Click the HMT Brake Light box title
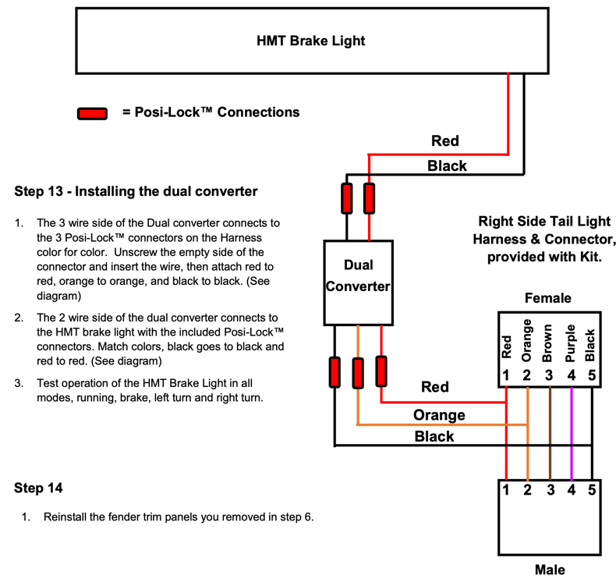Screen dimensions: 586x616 click(310, 41)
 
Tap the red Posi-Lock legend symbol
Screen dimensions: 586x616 click(92, 114)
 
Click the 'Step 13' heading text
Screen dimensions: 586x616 click(136, 191)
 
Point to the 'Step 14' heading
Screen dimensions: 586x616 click(38, 488)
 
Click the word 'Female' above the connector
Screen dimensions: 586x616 click(548, 298)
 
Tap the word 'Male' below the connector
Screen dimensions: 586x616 click(550, 570)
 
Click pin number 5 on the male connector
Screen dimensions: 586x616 click(593, 491)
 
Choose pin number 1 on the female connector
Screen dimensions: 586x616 click(506, 375)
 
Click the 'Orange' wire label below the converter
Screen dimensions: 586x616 click(439, 415)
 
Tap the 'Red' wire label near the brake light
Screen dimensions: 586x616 click(445, 141)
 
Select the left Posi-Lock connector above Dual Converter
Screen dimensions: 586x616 click(345, 198)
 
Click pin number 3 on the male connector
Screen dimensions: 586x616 click(550, 491)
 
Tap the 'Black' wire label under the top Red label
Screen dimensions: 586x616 click(447, 165)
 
